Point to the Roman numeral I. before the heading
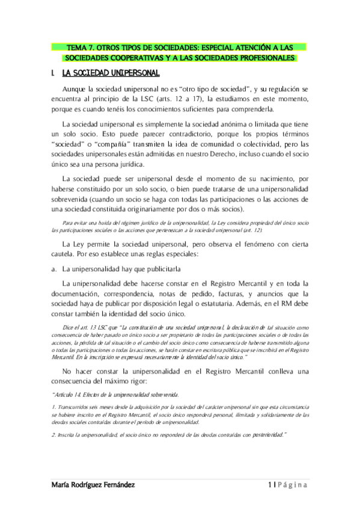pos(55,73)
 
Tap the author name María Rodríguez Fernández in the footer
pos(93,484)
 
